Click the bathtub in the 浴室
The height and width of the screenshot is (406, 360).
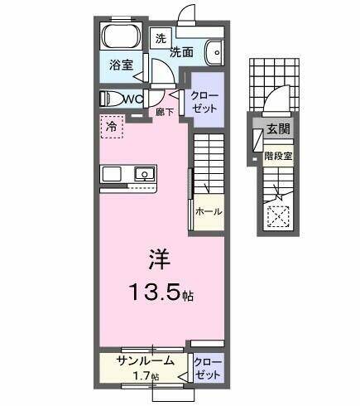tap(122, 37)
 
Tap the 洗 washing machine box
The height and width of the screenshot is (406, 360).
tap(161, 38)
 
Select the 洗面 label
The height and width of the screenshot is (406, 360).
tap(182, 52)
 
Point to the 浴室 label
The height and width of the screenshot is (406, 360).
tap(122, 65)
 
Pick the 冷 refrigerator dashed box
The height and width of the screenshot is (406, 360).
tap(111, 127)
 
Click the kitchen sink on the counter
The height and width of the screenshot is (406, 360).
tap(144, 175)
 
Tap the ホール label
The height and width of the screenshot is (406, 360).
tap(208, 211)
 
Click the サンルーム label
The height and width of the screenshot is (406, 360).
tap(145, 360)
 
